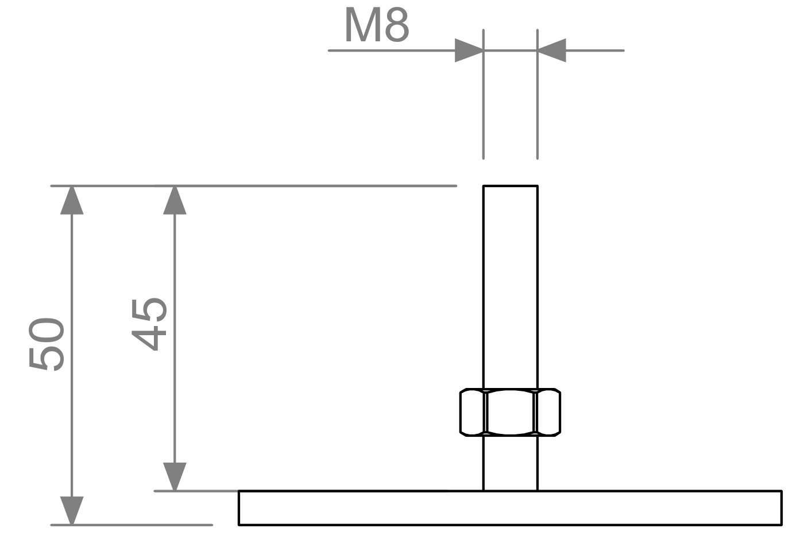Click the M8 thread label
tap(377, 26)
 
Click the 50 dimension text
tap(47, 344)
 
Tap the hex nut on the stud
tap(510, 412)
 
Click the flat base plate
tap(510, 508)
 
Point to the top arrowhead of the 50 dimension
tap(72, 200)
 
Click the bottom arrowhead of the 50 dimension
tap(72, 510)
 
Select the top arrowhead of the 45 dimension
tap(175, 200)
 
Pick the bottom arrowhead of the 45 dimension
tap(175, 476)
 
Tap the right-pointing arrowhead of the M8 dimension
tap(469, 51)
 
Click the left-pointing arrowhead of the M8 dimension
tap(552, 51)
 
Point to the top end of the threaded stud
tap(510, 187)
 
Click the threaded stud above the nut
tap(510, 287)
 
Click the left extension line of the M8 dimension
tap(484, 103)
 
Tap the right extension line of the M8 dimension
tap(538, 103)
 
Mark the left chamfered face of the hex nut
tap(473, 412)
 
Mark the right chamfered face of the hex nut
tap(548, 412)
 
